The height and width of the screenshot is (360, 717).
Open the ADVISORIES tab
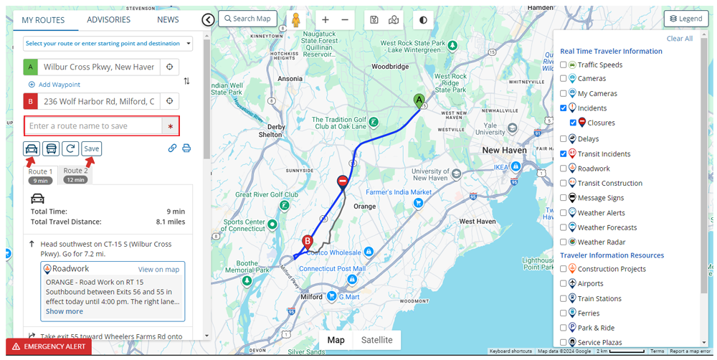pos(109,19)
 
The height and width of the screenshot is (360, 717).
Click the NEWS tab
pos(168,19)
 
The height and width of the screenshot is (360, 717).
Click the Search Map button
pos(247,19)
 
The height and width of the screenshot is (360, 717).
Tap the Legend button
pos(686,19)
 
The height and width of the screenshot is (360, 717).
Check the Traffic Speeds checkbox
pos(564,65)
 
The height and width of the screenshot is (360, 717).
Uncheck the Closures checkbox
pos(574,123)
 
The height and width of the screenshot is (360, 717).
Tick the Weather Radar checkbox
pos(564,242)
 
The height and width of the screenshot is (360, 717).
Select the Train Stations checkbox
pos(564,299)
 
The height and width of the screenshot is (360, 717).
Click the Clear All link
pos(680,39)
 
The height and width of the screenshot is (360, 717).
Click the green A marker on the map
pos(419,101)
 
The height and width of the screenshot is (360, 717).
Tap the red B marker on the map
pos(308,242)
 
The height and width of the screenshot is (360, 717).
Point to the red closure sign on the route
pos(343,181)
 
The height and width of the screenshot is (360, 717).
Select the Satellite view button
pos(376,340)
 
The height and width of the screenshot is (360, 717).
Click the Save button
pos(91,148)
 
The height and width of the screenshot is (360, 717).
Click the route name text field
pos(93,126)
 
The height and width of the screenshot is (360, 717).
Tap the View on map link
pos(158,270)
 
